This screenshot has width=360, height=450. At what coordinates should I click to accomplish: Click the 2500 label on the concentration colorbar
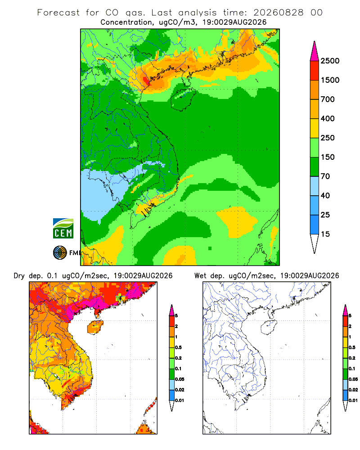pyautogui.click(x=330, y=61)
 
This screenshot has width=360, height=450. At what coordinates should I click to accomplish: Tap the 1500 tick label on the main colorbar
pyautogui.click(x=330, y=80)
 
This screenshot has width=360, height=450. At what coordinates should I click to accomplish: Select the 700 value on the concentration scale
pyautogui.click(x=328, y=99)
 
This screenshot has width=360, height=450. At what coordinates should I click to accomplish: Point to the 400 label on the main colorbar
pyautogui.click(x=328, y=118)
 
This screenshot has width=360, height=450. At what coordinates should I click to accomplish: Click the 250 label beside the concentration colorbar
pyautogui.click(x=328, y=138)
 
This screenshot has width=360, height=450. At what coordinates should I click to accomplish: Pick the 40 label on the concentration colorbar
pyautogui.click(x=325, y=195)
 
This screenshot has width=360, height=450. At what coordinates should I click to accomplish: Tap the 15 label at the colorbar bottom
pyautogui.click(x=325, y=234)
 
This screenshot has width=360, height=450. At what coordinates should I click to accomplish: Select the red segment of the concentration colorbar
pyautogui.click(x=315, y=71)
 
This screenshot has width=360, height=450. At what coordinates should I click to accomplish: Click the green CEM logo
pyautogui.click(x=63, y=229)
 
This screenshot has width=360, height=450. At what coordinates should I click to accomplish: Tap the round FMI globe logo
pyautogui.click(x=60, y=253)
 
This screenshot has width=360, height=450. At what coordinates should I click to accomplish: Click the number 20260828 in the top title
pyautogui.click(x=278, y=13)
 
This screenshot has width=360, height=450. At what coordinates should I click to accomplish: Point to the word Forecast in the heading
pyautogui.click(x=58, y=13)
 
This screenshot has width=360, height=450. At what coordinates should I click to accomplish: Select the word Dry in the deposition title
pyautogui.click(x=19, y=276)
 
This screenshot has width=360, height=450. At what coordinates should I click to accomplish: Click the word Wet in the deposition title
pyautogui.click(x=200, y=276)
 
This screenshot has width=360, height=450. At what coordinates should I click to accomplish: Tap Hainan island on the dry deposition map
pyautogui.click(x=95, y=327)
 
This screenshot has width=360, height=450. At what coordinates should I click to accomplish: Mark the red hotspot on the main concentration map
pyautogui.click(x=146, y=81)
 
